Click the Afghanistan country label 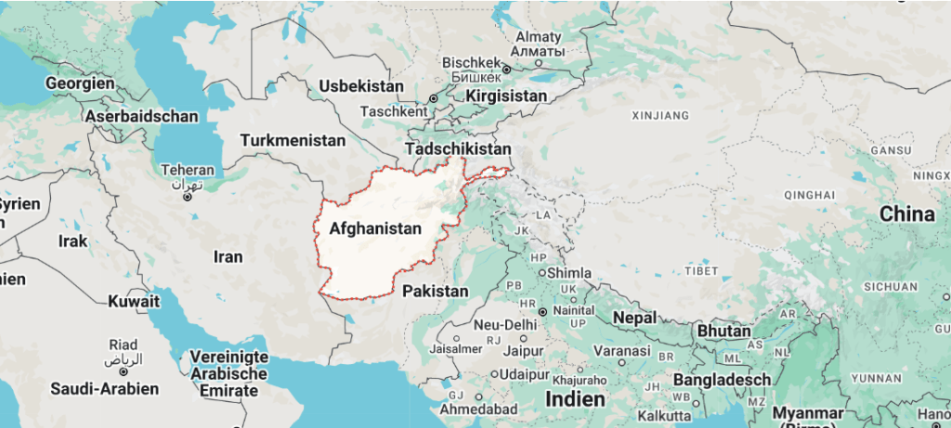[x=375, y=228]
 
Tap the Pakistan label [x=436, y=292]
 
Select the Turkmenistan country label [x=293, y=141]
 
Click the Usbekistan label [x=361, y=86]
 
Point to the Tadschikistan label [x=458, y=149]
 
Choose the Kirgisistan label [x=506, y=97]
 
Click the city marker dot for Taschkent [x=433, y=98]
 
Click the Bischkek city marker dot [x=507, y=69]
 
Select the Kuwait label [x=134, y=302]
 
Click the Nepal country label [x=636, y=318]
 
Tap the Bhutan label [x=723, y=331]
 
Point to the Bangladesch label [x=722, y=381]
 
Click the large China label [x=906, y=214]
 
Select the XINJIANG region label [x=660, y=116]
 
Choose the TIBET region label [x=701, y=271]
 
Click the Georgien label [x=80, y=84]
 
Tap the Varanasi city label [x=622, y=352]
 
